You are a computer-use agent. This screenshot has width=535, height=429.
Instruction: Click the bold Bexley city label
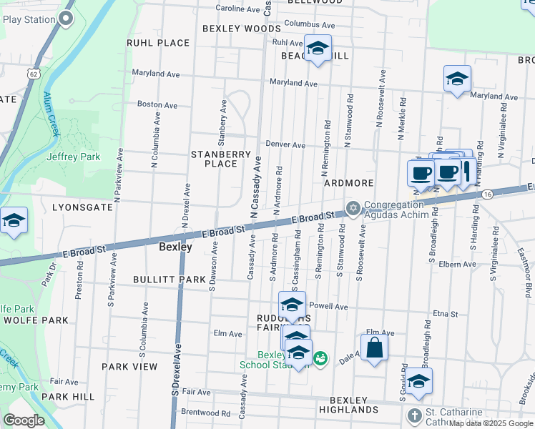[x=175, y=247]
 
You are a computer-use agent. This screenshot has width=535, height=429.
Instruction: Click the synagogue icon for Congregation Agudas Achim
[x=352, y=209]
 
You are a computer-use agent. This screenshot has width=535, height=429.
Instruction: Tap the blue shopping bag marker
[x=375, y=349]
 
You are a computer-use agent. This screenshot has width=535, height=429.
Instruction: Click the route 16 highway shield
[x=487, y=194]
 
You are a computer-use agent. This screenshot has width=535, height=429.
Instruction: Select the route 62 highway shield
[x=34, y=73]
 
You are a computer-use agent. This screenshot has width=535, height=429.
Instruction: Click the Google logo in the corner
[x=24, y=420]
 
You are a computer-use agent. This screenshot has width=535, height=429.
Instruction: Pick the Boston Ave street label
[x=157, y=104]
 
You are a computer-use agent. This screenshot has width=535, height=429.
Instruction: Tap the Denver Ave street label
[x=285, y=144]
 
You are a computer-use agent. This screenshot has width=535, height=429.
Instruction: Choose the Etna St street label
[x=445, y=313]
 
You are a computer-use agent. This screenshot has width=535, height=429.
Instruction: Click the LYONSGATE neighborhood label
[x=82, y=207]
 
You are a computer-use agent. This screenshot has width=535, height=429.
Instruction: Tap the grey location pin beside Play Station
[x=67, y=19]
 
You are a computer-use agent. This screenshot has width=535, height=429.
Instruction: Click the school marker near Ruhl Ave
[x=317, y=49]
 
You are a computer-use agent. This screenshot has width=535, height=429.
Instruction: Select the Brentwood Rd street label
[x=205, y=413]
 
